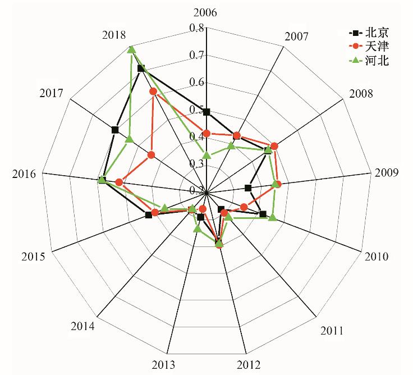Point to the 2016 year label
pyautogui.click(x=25, y=173)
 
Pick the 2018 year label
pyautogui.click(x=114, y=35)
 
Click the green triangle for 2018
pyautogui.click(x=131, y=49)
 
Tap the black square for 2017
pyautogui.click(x=115, y=130)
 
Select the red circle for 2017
pyautogui.click(x=151, y=154)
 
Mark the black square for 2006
pyautogui.click(x=206, y=112)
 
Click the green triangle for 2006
pyautogui.click(x=206, y=155)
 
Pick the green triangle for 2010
pyautogui.click(x=272, y=217)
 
